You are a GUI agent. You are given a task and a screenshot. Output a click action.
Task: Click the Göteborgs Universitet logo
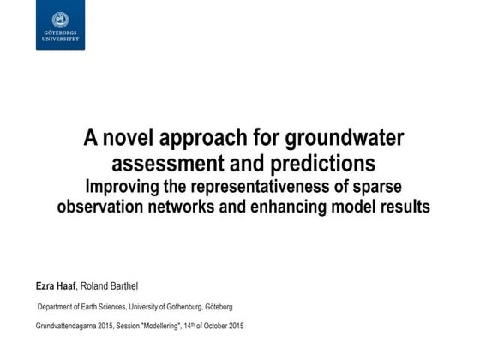60,25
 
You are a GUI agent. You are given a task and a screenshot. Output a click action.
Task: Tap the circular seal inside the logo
60,18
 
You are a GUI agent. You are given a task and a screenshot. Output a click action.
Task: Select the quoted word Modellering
177,327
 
